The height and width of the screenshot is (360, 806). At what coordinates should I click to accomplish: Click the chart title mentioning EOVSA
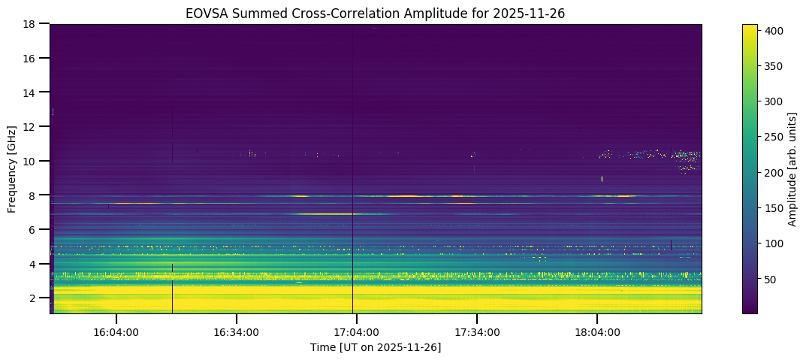(x=375, y=13)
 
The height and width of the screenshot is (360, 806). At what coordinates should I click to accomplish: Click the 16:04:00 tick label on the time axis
(x=116, y=331)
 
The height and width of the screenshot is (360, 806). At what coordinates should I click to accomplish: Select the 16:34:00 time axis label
(x=236, y=331)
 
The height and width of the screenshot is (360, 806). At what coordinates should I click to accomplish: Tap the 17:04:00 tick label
(x=356, y=331)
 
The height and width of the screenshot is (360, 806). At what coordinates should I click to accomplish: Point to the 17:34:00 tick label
(x=476, y=331)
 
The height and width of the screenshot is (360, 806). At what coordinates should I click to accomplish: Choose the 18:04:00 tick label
(x=596, y=331)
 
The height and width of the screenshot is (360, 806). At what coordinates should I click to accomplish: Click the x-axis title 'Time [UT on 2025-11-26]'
(x=375, y=347)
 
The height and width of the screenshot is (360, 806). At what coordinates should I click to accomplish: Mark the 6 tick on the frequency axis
(x=32, y=230)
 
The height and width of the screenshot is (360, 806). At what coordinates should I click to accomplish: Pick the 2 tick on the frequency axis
(x=32, y=298)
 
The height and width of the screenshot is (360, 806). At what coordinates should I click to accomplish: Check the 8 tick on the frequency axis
(x=32, y=195)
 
